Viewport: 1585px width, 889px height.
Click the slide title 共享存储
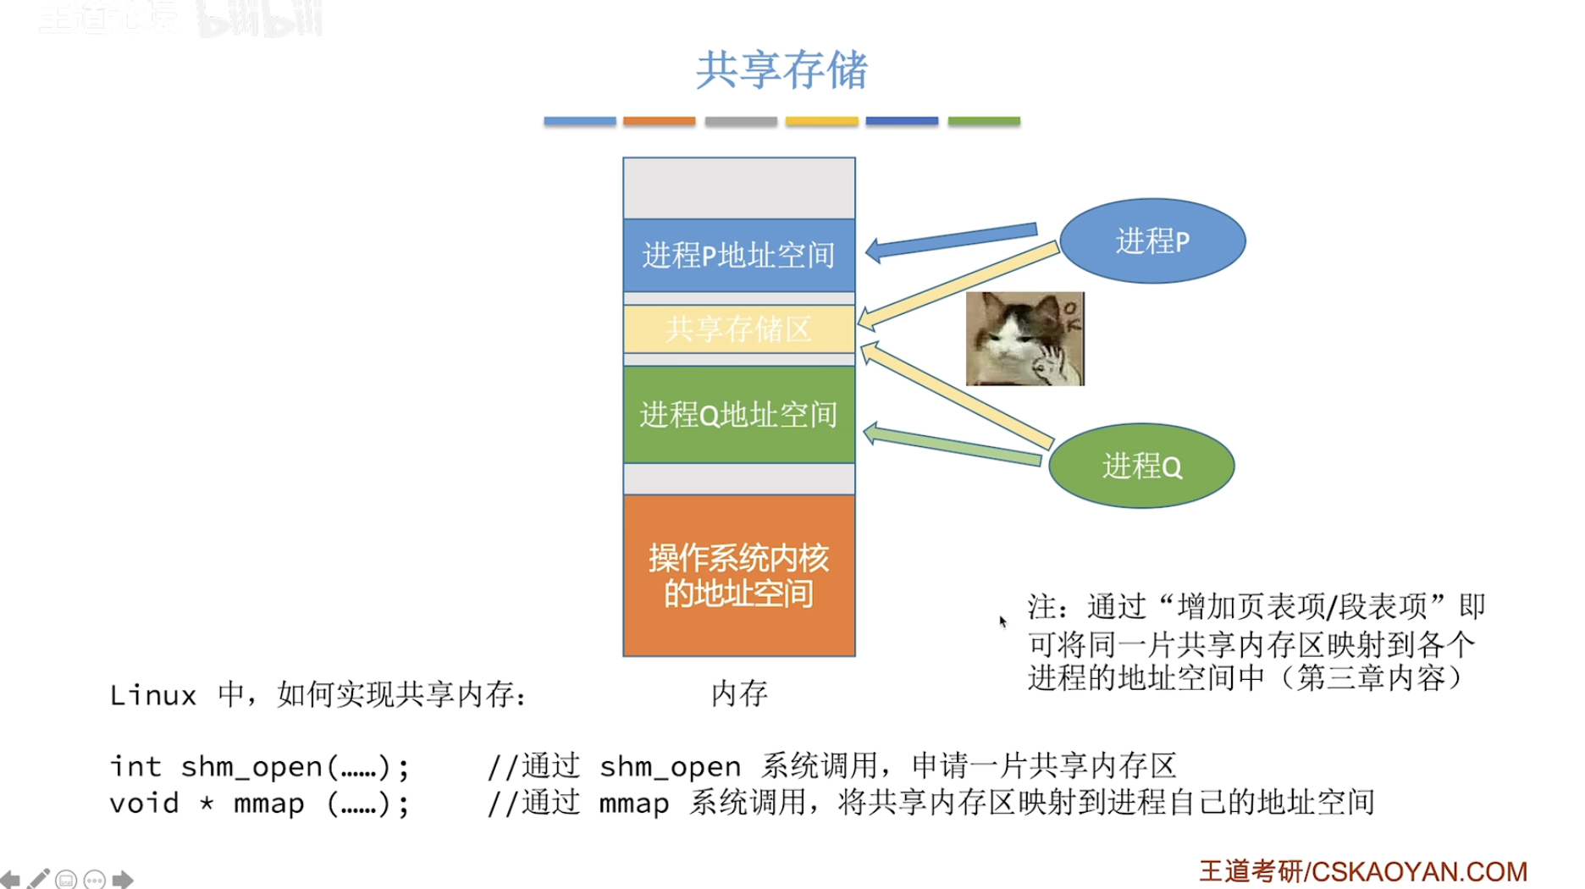click(781, 69)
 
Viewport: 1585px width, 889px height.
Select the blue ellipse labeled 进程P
click(1152, 241)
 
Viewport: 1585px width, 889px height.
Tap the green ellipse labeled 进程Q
click(1141, 466)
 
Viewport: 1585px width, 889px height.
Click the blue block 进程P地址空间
click(738, 255)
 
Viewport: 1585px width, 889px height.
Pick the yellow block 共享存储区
click(738, 329)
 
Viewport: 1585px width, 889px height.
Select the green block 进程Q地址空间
click(738, 414)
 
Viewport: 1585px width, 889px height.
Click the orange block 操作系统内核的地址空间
click(738, 575)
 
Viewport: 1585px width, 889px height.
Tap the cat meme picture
click(1024, 339)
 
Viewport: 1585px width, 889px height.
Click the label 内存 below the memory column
click(738, 693)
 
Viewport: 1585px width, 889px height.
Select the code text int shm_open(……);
click(259, 766)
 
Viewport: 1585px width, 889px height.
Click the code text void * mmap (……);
click(259, 803)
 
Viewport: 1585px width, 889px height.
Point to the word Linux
click(152, 696)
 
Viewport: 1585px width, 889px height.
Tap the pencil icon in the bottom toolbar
click(38, 879)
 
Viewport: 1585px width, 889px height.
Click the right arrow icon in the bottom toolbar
click(123, 879)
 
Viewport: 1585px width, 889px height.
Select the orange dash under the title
click(659, 122)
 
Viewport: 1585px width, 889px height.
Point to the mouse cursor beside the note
click(1002, 621)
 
